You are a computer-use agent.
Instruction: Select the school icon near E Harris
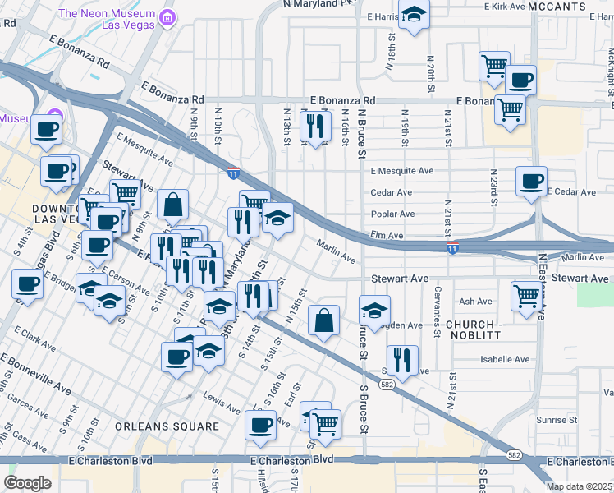[x=414, y=16]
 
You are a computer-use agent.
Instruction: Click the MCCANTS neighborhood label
[x=557, y=6]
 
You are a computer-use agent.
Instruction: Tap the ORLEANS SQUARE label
[x=167, y=426]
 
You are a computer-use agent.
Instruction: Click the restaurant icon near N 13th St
[x=315, y=126]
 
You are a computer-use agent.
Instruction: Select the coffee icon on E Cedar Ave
[x=531, y=180]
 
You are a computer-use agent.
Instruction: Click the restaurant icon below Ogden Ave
[x=402, y=359]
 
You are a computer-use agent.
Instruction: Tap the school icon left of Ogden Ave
[x=373, y=312]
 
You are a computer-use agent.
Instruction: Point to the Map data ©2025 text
[x=578, y=486]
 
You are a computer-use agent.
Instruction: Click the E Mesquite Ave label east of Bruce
[x=401, y=171]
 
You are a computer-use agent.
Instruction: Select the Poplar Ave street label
[x=393, y=214]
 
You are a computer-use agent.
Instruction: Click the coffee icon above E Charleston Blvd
[x=261, y=425]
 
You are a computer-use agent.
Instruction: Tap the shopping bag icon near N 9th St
[x=172, y=205]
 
